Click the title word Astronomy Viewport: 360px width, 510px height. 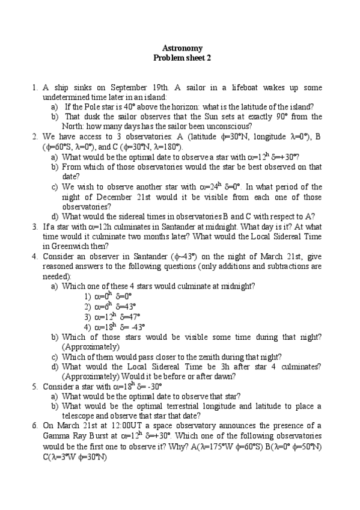tap(183, 48)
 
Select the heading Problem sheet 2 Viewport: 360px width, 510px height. tap(183, 58)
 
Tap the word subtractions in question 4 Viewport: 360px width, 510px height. tap(266, 265)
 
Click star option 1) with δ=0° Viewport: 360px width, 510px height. tap(108, 296)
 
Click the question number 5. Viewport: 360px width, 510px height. tap(34, 386)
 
